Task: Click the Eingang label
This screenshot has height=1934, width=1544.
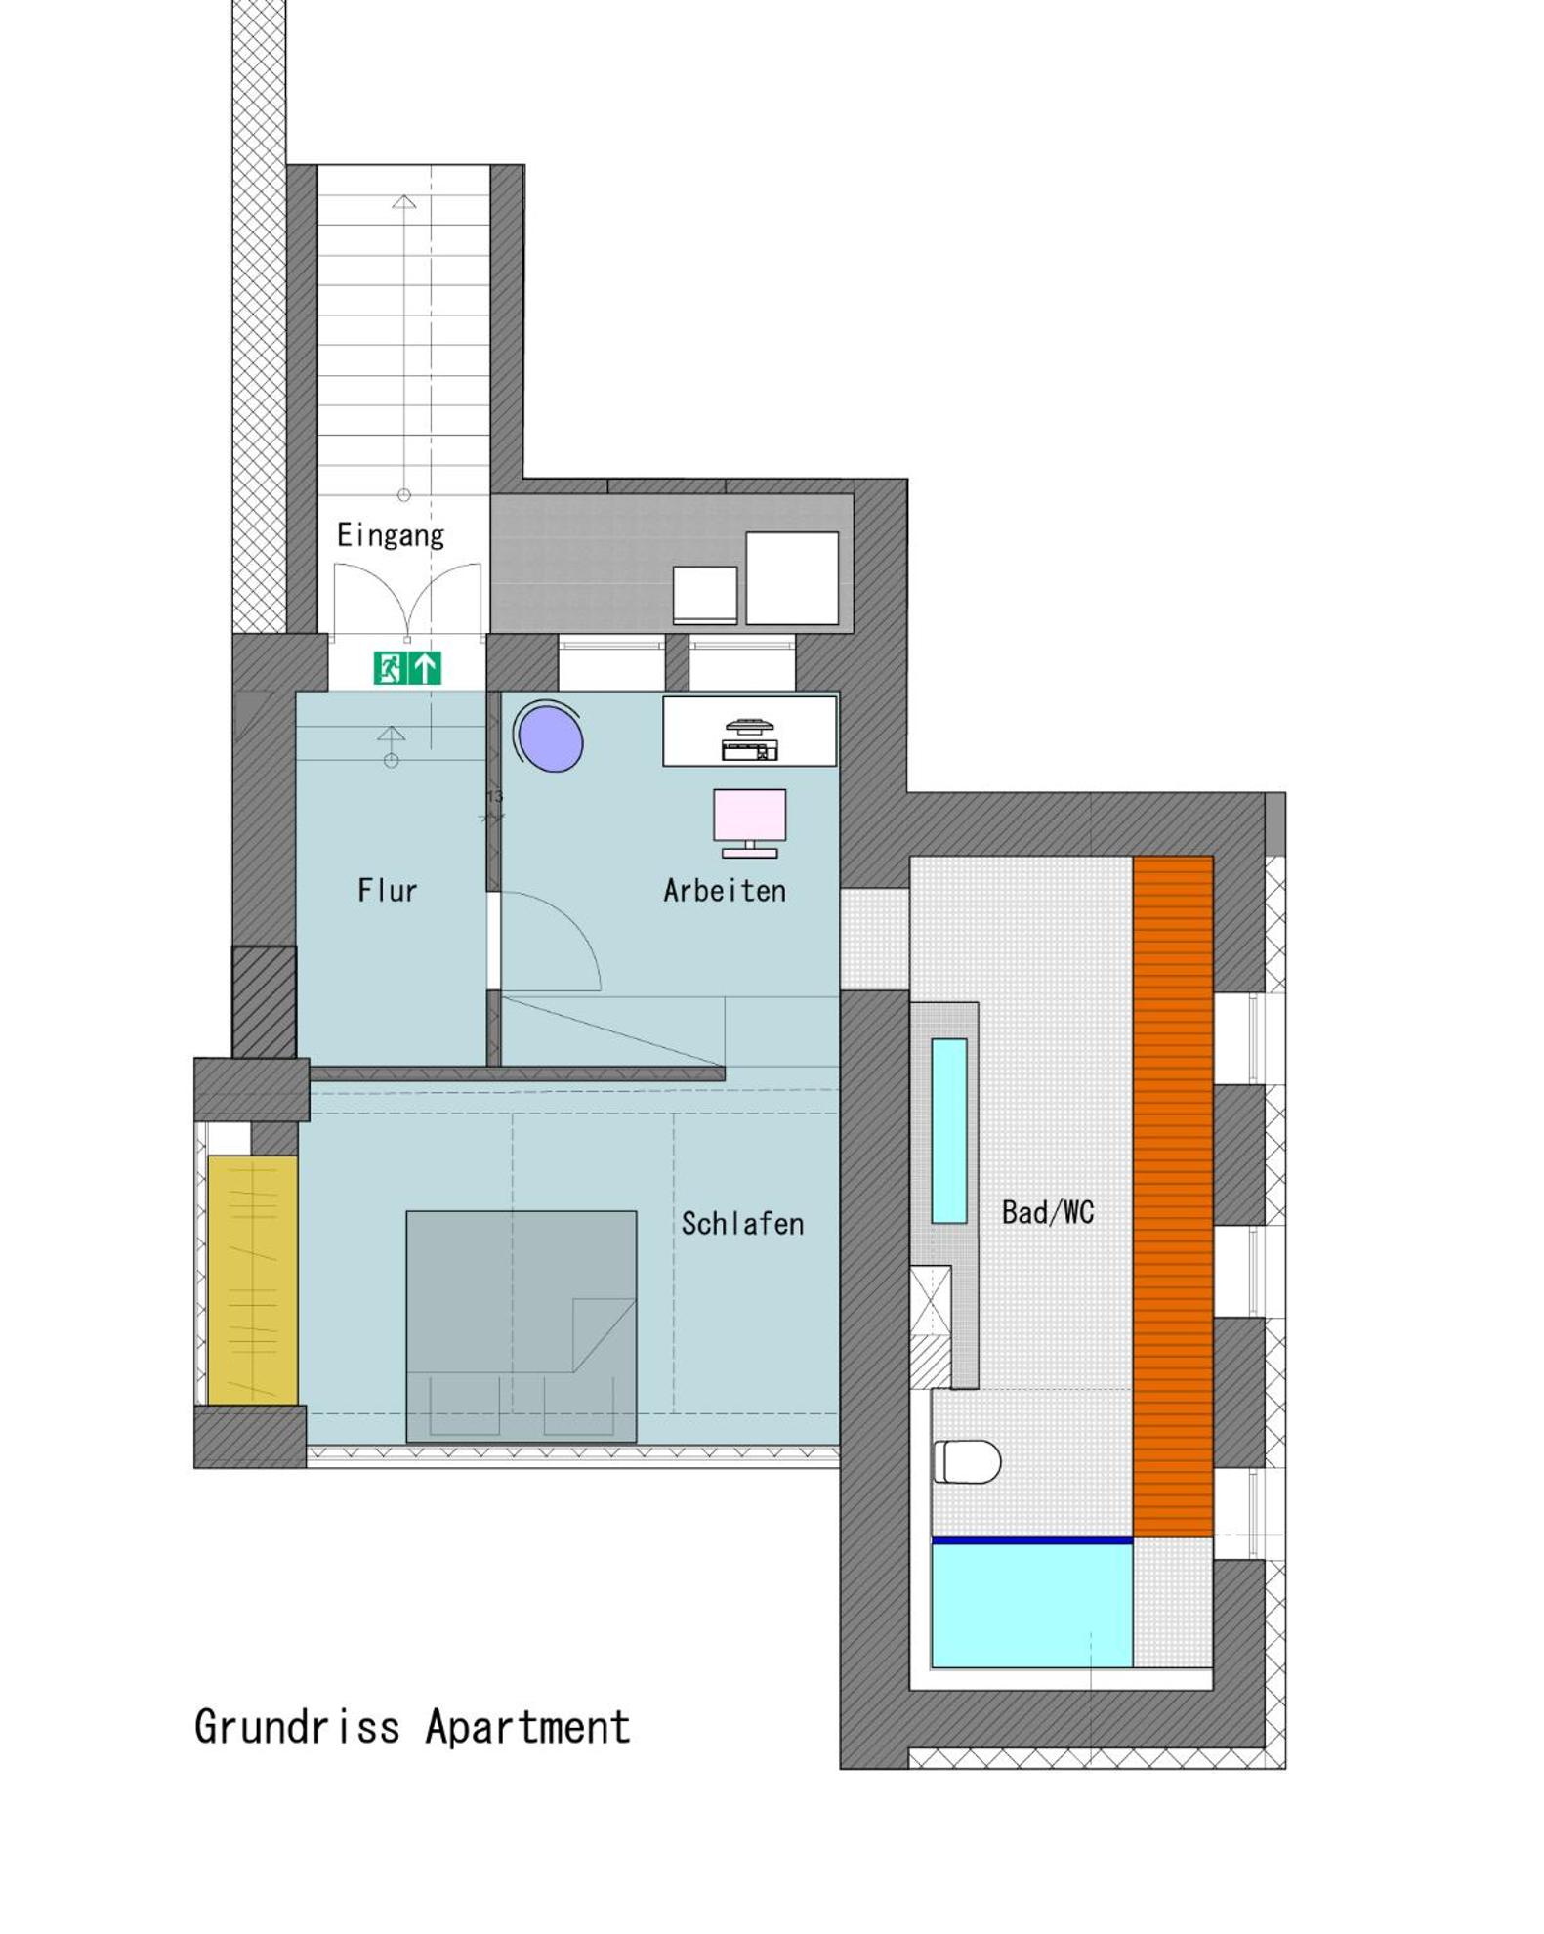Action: click(391, 535)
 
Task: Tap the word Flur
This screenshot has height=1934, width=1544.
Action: click(387, 890)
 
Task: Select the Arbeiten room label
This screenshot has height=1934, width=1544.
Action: click(725, 890)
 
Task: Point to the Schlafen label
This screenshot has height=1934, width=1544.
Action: click(742, 1223)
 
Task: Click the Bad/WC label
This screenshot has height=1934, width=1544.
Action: click(1048, 1212)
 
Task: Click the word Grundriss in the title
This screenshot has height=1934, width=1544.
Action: click(297, 1726)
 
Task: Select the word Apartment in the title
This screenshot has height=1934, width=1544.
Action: click(527, 1727)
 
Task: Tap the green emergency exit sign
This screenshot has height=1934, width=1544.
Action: click(407, 668)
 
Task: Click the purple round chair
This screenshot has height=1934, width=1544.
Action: click(551, 736)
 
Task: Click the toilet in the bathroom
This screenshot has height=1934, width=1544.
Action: click(967, 1462)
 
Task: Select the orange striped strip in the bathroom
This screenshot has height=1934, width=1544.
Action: click(1173, 1197)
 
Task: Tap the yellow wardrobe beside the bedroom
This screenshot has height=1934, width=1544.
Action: click(253, 1281)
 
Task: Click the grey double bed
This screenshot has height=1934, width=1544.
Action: click(522, 1326)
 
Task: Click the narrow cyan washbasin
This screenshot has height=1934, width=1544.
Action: click(949, 1130)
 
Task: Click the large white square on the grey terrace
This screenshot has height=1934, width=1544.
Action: click(792, 578)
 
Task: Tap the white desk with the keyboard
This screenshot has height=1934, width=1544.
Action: click(750, 731)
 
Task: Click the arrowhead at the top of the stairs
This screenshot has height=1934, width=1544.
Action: click(404, 202)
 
